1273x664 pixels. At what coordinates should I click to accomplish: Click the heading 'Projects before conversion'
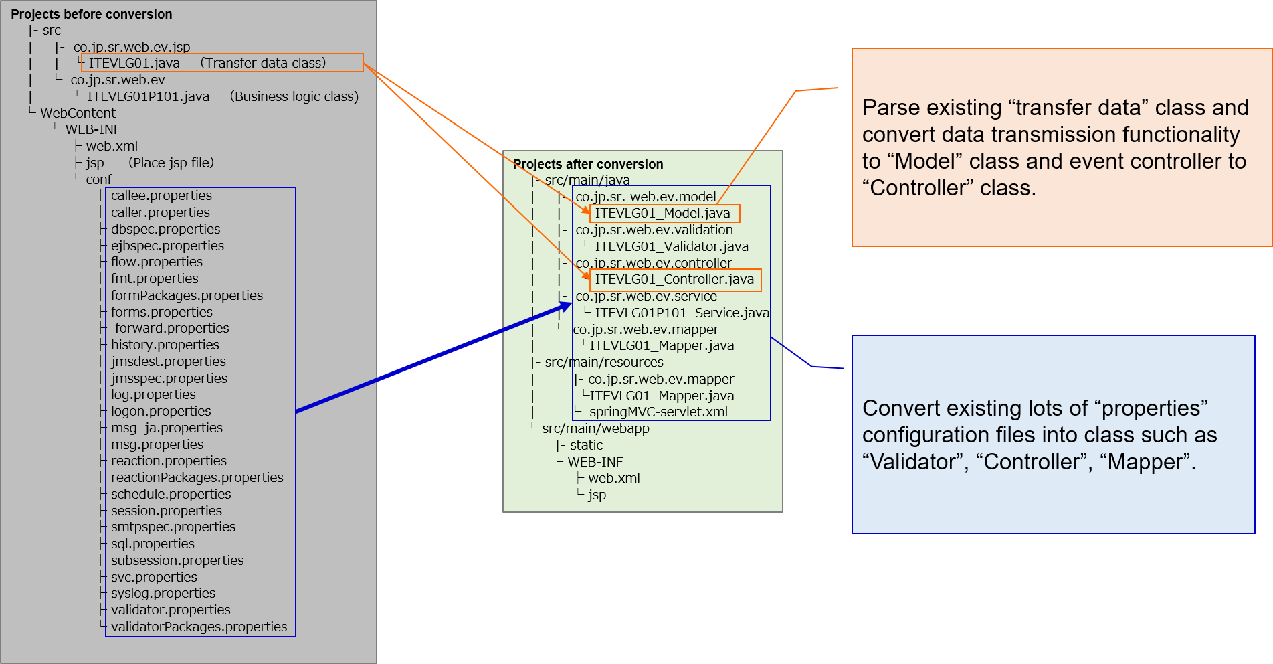pos(91,14)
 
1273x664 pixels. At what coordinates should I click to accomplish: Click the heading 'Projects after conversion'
pos(588,164)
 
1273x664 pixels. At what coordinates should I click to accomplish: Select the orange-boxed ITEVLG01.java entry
pos(134,63)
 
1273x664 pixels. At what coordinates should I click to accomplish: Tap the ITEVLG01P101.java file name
pos(148,96)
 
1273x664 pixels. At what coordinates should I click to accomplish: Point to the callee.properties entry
pos(161,195)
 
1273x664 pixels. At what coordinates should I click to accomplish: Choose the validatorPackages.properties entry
pos(199,627)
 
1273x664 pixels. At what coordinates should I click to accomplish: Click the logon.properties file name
pos(161,411)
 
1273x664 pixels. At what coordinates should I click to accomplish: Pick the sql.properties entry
pos(153,544)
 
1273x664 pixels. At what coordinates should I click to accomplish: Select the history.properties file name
pos(165,345)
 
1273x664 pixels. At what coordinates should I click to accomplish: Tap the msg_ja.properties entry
pos(167,428)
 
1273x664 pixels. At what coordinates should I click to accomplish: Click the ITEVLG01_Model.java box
pos(663,214)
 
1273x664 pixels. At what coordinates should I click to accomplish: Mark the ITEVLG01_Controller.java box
pos(674,279)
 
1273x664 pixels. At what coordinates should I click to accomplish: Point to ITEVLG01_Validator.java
pos(672,246)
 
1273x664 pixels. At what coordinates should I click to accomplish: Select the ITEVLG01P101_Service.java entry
pos(682,313)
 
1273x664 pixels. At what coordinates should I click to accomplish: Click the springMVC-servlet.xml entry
pos(658,412)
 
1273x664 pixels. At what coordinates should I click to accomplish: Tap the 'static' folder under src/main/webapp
pos(586,445)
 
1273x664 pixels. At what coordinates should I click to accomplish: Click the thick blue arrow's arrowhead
pos(567,307)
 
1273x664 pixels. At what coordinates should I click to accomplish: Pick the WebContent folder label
pos(78,113)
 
